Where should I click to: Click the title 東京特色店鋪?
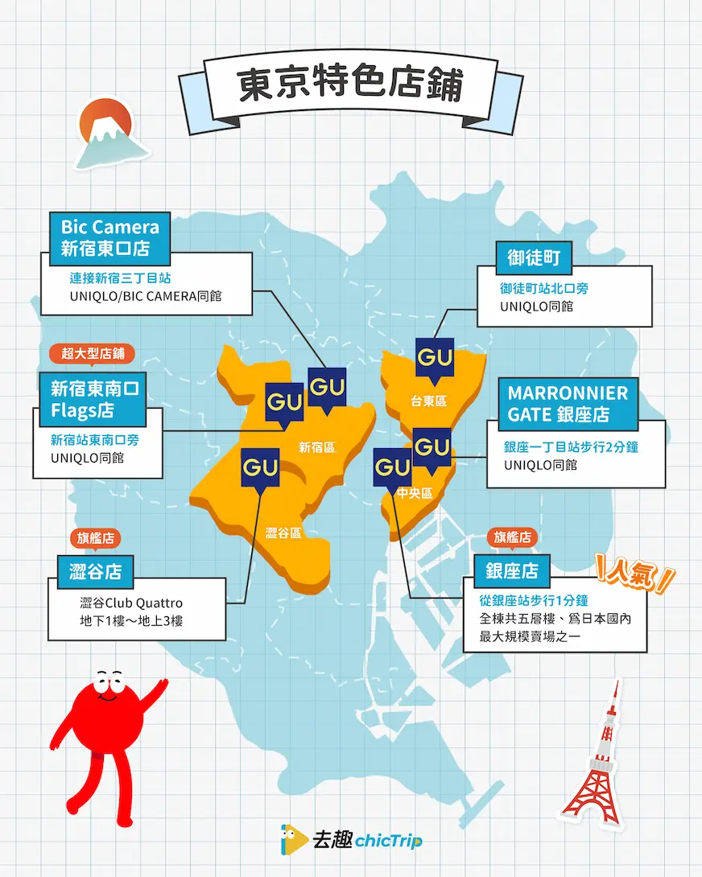tap(350, 86)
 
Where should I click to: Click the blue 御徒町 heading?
tap(534, 259)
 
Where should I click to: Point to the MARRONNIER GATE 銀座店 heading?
tap(567, 404)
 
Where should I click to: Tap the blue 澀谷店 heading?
tap(95, 572)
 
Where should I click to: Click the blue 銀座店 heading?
tap(511, 572)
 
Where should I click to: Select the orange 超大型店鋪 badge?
tap(92, 353)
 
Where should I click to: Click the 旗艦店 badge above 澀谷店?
tap(95, 537)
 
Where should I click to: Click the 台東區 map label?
tap(428, 400)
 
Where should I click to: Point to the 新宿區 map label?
tap(316, 447)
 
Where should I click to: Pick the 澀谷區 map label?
tap(283, 532)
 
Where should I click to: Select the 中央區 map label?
tap(415, 493)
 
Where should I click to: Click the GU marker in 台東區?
tap(435, 356)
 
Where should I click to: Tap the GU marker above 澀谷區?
tap(261, 467)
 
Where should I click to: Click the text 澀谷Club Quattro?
tap(131, 603)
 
